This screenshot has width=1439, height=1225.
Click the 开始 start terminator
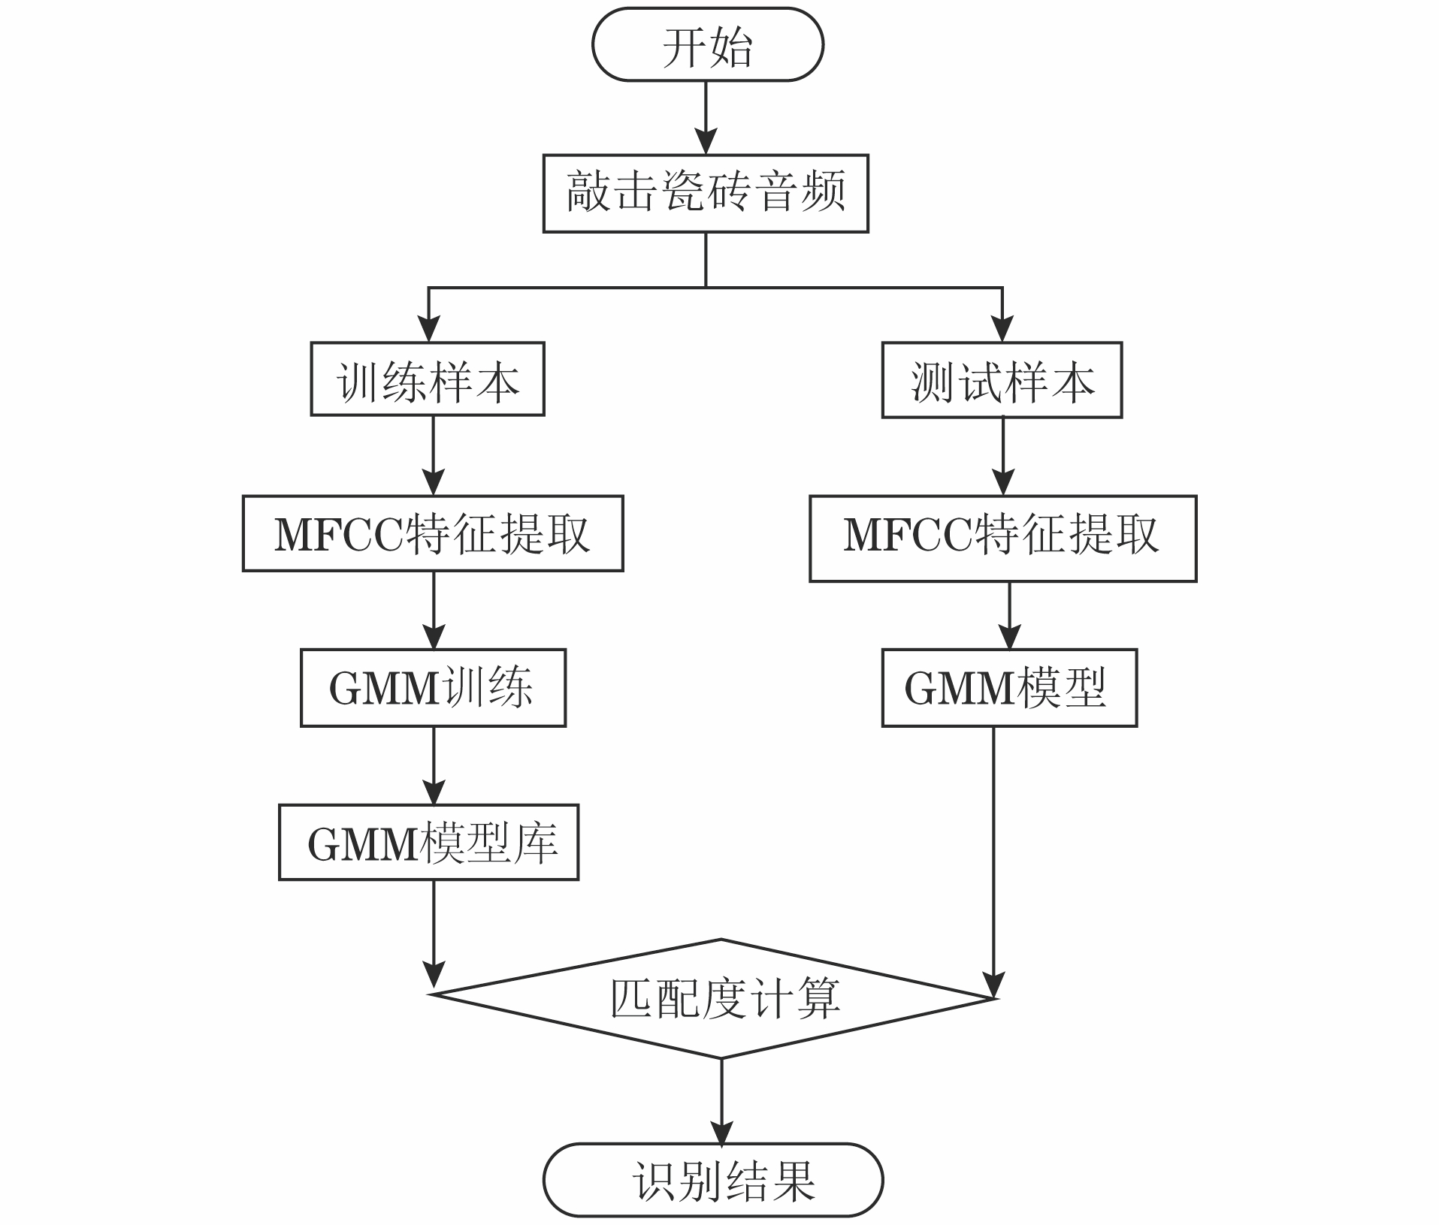point(707,45)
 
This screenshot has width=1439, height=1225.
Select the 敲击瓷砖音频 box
point(706,193)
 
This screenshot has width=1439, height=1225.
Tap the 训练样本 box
point(428,379)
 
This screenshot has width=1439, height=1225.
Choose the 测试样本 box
point(1002,380)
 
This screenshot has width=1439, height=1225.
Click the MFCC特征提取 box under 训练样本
point(433,533)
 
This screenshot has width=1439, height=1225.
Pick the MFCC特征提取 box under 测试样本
point(1002,538)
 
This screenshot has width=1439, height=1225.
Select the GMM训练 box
point(433,687)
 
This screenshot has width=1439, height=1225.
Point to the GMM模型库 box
point(428,842)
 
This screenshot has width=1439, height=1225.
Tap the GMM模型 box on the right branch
point(1009,687)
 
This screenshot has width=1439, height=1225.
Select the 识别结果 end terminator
point(712,1180)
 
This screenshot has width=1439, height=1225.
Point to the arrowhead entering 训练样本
point(428,329)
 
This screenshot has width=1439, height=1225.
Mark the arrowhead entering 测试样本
point(1002,329)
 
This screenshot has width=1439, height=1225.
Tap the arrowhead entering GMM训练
point(434,636)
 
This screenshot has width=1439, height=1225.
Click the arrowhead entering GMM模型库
point(434,792)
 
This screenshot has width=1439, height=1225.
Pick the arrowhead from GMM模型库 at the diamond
point(434,973)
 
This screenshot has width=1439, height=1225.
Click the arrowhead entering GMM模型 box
point(1009,636)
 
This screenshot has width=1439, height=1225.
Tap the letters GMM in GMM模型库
point(362,843)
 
